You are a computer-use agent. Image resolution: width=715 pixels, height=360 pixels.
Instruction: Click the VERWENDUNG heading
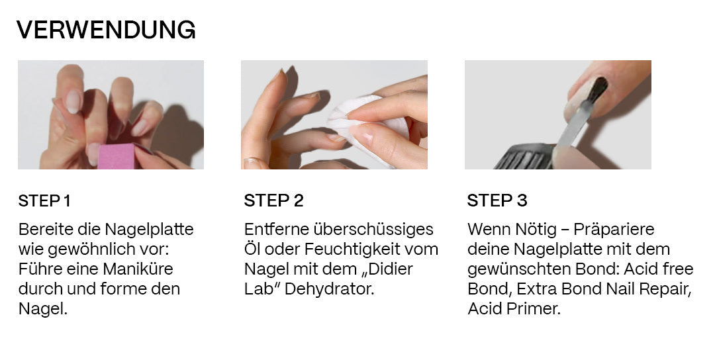(x=106, y=30)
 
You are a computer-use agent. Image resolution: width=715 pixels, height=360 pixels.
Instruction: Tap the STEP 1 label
(x=45, y=201)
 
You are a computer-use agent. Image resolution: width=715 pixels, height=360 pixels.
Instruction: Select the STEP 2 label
(x=273, y=201)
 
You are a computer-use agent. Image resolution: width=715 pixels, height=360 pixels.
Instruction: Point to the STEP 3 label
(x=497, y=201)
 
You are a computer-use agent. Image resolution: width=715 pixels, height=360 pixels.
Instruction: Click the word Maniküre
(x=138, y=269)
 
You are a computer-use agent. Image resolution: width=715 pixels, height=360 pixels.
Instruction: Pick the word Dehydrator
(x=329, y=289)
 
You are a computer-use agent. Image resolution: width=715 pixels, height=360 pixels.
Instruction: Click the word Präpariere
(x=614, y=229)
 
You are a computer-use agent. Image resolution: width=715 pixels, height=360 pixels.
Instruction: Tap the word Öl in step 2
(x=252, y=249)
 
